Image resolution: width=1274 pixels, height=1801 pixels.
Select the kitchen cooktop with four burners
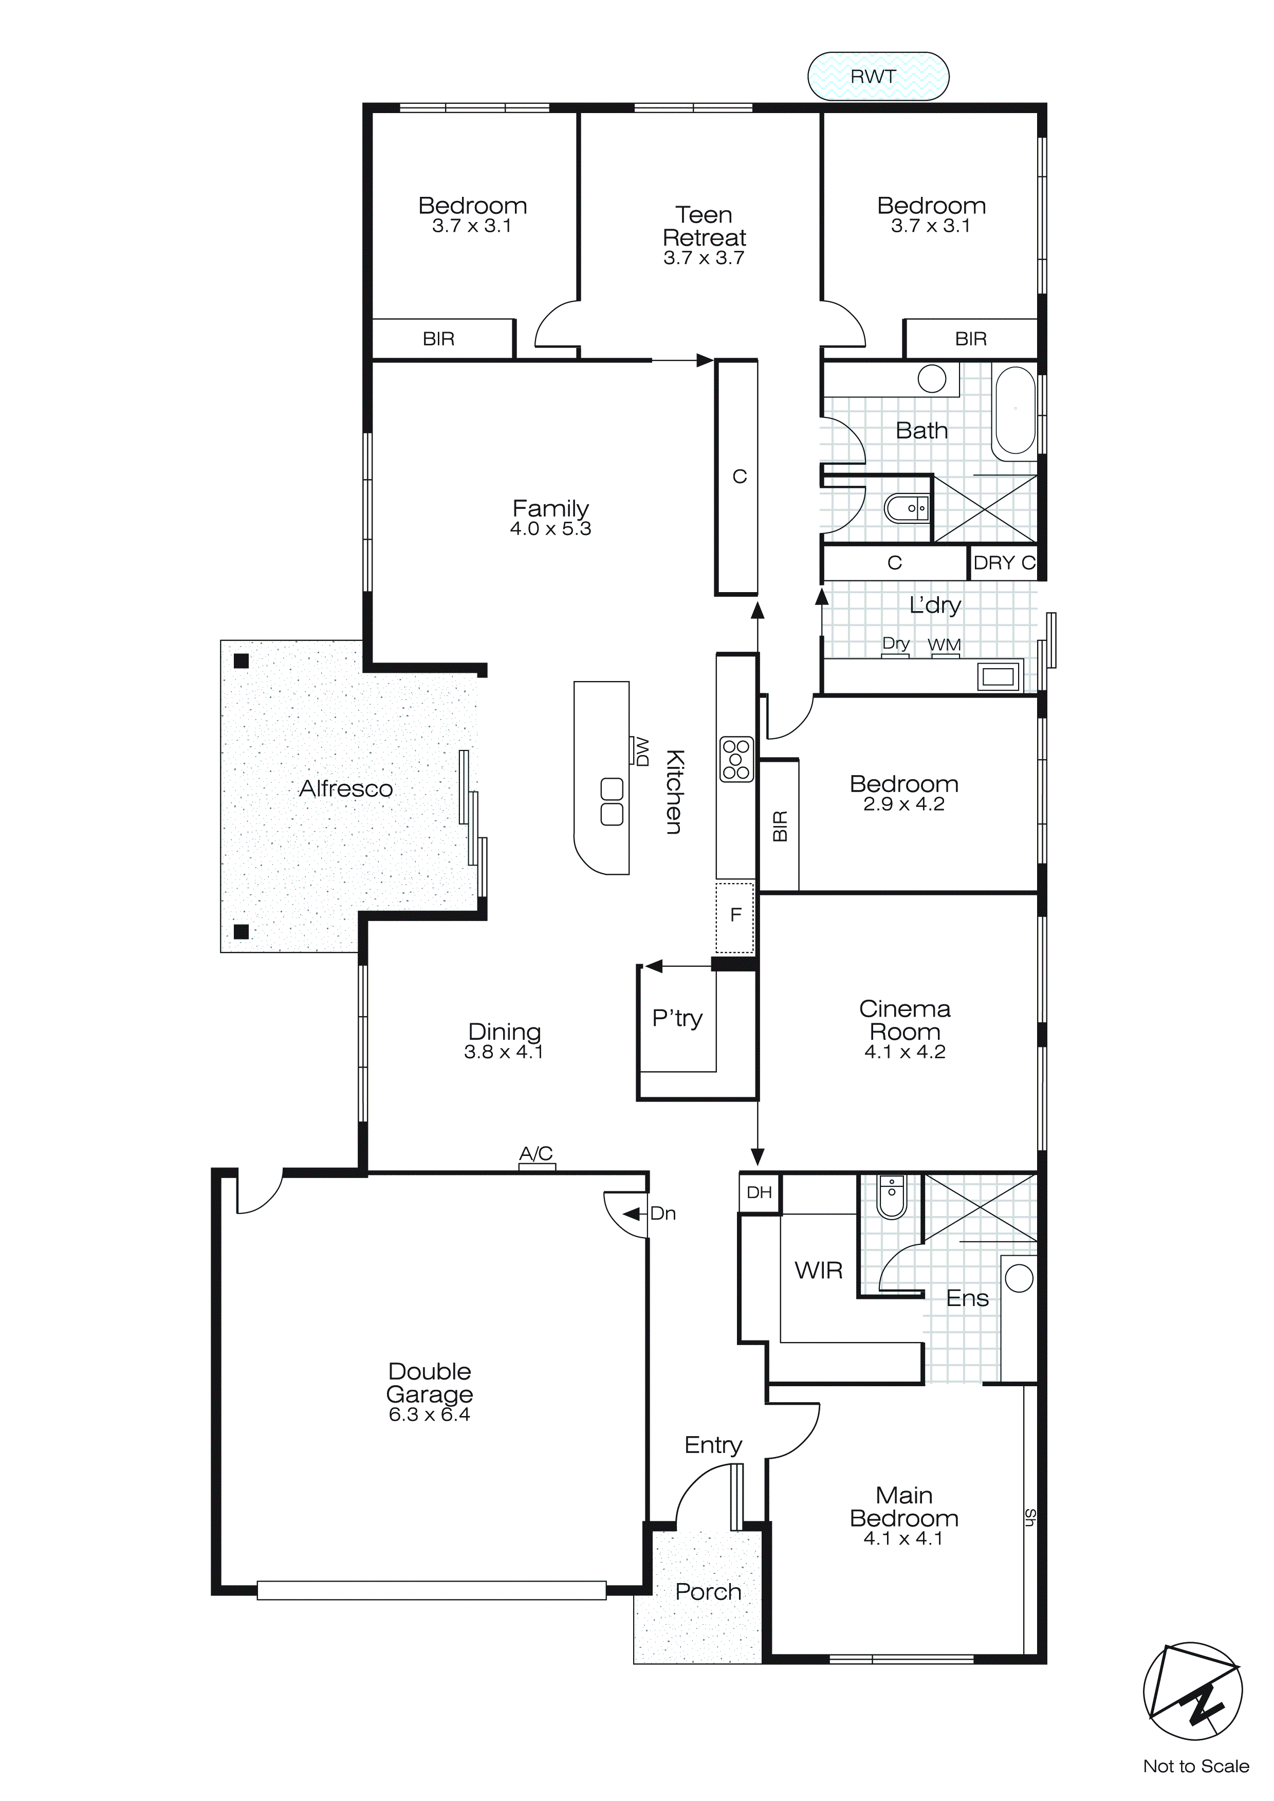736,759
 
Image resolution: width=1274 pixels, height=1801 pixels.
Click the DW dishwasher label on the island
642,751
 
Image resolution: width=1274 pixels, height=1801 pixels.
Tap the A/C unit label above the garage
537,1154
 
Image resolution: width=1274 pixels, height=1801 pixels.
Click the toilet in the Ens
892,1197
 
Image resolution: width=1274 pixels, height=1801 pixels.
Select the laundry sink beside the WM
998,675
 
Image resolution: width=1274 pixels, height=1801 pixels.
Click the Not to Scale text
1195,1767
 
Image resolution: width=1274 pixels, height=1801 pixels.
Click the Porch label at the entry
708,1592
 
